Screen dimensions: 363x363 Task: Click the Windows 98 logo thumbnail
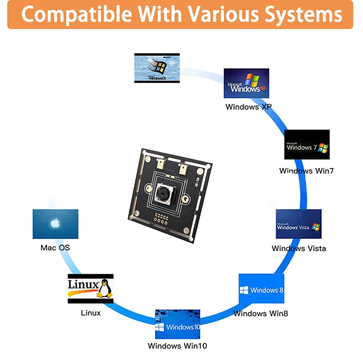pos(157,68)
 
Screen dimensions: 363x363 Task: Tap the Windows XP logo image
pos(246,83)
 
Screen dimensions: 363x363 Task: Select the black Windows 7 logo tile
pos(307,145)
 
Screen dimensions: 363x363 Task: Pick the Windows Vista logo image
pos(299,224)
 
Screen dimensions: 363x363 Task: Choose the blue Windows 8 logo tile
pos(261,289)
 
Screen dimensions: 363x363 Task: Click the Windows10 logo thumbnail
pos(177,324)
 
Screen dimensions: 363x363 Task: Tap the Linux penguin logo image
pos(90,288)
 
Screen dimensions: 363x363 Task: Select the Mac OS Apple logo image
pos(55,224)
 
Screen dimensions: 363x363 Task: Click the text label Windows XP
pos(249,107)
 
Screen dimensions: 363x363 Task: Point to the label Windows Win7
pos(306,171)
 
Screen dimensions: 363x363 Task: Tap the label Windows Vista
pos(299,248)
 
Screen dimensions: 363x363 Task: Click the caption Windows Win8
pos(261,313)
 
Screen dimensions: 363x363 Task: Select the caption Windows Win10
pos(177,346)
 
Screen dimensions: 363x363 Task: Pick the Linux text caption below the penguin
pos(91,313)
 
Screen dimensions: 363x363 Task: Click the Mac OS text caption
pos(55,248)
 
